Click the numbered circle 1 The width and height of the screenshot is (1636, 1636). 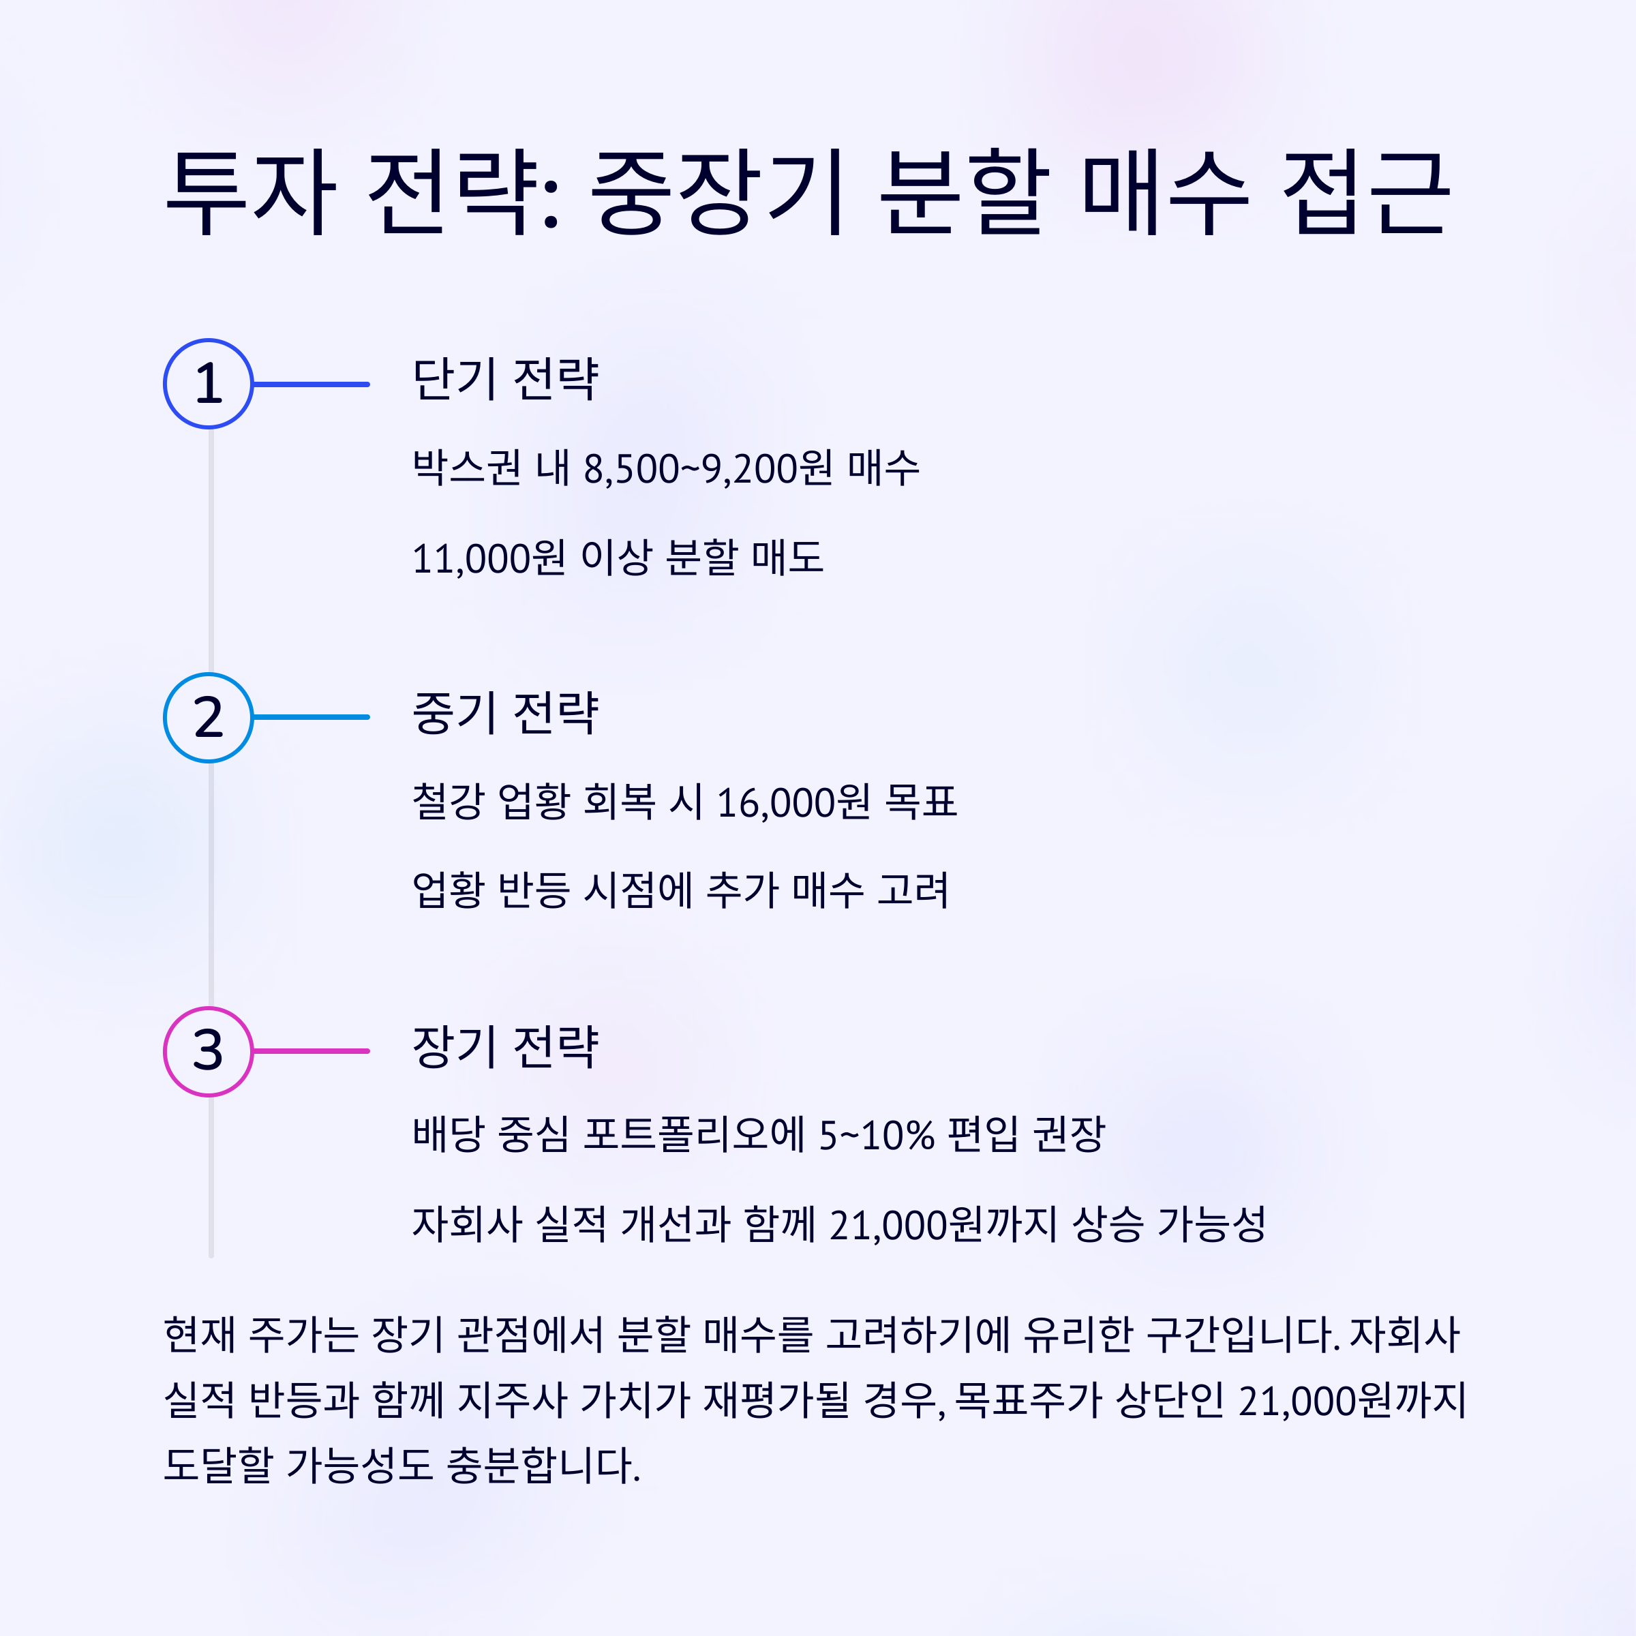(x=209, y=384)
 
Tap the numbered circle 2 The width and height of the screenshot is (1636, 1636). (x=209, y=717)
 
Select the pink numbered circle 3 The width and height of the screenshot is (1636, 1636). (x=209, y=1051)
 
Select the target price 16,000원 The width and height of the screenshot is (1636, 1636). (x=793, y=802)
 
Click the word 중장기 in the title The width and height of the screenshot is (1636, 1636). (x=716, y=192)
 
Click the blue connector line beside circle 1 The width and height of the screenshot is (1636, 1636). (x=311, y=384)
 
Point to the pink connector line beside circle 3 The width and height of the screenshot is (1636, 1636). (x=311, y=1051)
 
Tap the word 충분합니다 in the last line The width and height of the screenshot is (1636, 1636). (x=542, y=1465)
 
